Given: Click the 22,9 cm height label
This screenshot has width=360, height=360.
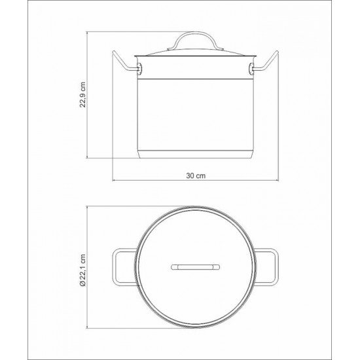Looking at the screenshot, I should point(82,96).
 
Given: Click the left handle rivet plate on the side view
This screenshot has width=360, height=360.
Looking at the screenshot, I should point(139,67).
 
